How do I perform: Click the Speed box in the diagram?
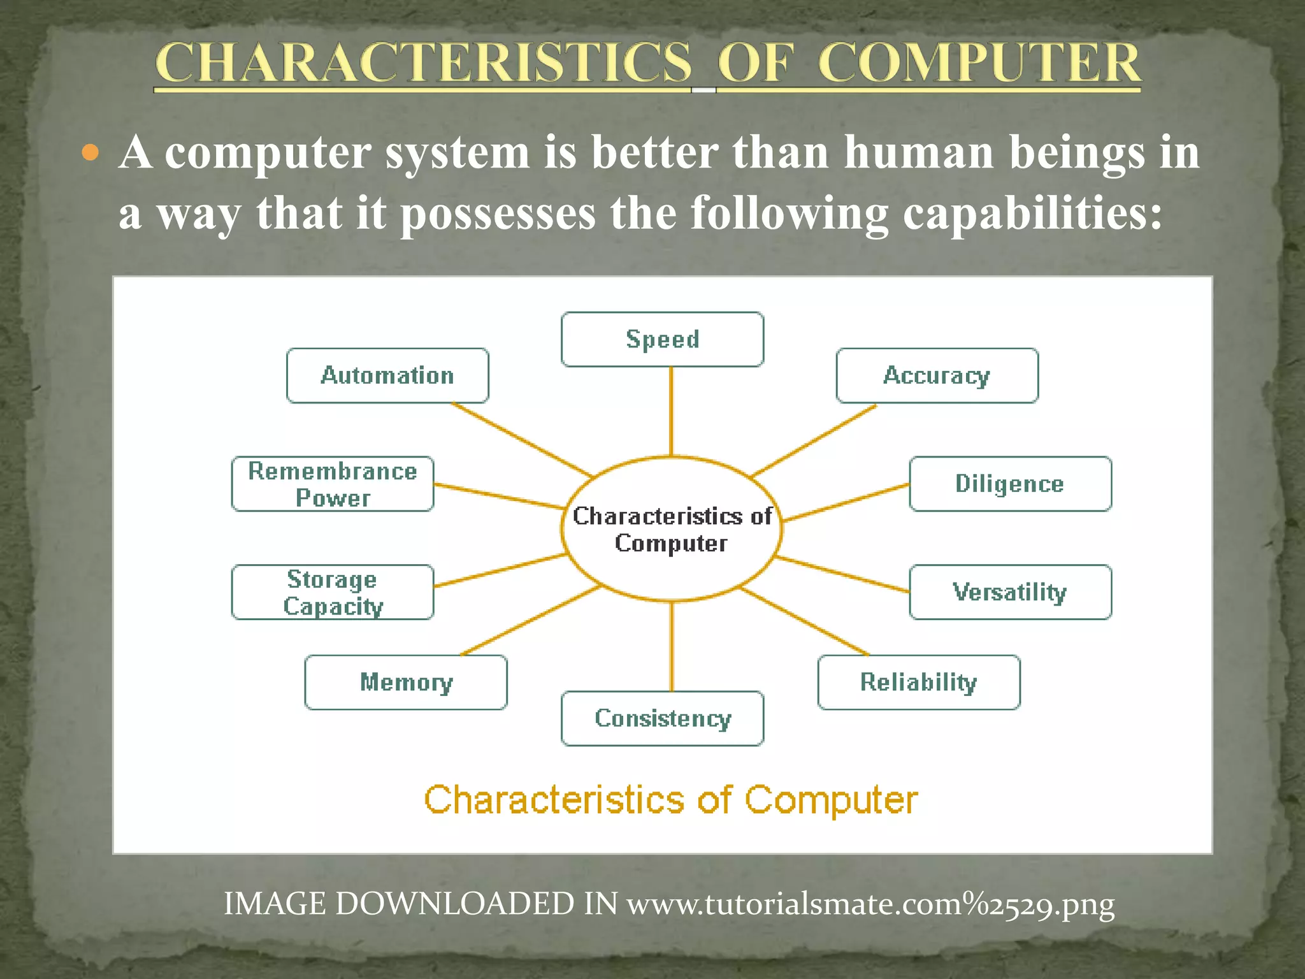662,339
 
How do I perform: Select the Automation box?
387,375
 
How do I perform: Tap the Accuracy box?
937,375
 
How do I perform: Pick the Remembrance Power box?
332,484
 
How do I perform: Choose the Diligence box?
1010,484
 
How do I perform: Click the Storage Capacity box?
332,592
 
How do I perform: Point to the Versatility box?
1010,592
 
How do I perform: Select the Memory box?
406,682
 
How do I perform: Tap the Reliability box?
918,682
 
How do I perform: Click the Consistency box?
662,718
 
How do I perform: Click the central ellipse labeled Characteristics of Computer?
672,529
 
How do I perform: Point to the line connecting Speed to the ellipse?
671,411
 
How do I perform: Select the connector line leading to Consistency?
672,646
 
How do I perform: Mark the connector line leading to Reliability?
804,621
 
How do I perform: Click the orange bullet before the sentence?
91,153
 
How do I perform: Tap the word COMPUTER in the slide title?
979,64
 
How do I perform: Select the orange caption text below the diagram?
671,800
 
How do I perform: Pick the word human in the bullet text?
919,153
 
